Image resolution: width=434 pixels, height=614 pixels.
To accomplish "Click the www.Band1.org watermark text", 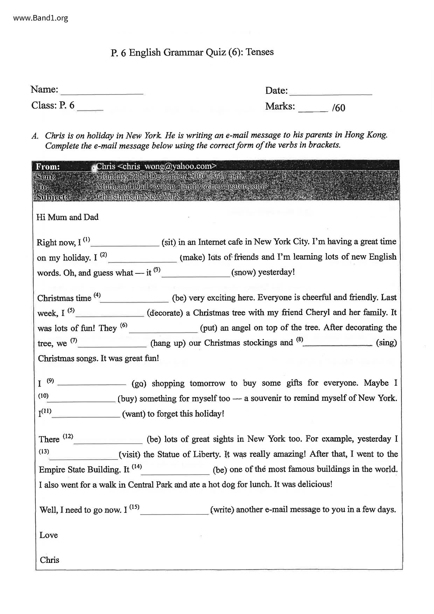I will coord(41,18).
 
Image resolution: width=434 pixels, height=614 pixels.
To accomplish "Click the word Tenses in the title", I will coord(259,52).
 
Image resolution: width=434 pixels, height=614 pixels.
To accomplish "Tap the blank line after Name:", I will coord(102,92).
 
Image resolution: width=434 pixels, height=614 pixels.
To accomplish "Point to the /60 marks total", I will coord(338,107).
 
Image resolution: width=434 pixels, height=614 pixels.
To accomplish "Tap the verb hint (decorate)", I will coord(165,313).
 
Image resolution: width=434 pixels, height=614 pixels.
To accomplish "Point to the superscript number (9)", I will coord(50,381).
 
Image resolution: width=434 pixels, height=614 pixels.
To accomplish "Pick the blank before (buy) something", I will coord(83,400).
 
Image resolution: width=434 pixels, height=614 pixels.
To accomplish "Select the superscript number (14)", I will coord(137,467).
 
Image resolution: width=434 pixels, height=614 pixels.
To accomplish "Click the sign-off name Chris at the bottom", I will coord(49,560).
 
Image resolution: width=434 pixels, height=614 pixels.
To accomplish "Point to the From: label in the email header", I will coord(48,167).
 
